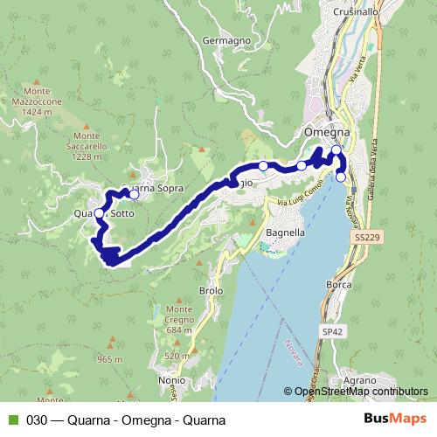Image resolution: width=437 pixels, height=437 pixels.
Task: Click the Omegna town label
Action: coord(326,132)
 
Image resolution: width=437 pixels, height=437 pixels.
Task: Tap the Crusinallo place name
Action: coord(360,11)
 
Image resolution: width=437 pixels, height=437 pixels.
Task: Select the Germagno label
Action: coord(225,40)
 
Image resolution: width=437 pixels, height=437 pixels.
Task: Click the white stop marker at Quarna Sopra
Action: coord(134,194)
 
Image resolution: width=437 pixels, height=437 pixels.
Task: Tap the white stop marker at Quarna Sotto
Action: coord(99,214)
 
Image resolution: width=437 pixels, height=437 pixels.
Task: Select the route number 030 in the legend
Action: coord(37,420)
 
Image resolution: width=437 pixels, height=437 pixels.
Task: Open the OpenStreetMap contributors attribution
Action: coord(358,392)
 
